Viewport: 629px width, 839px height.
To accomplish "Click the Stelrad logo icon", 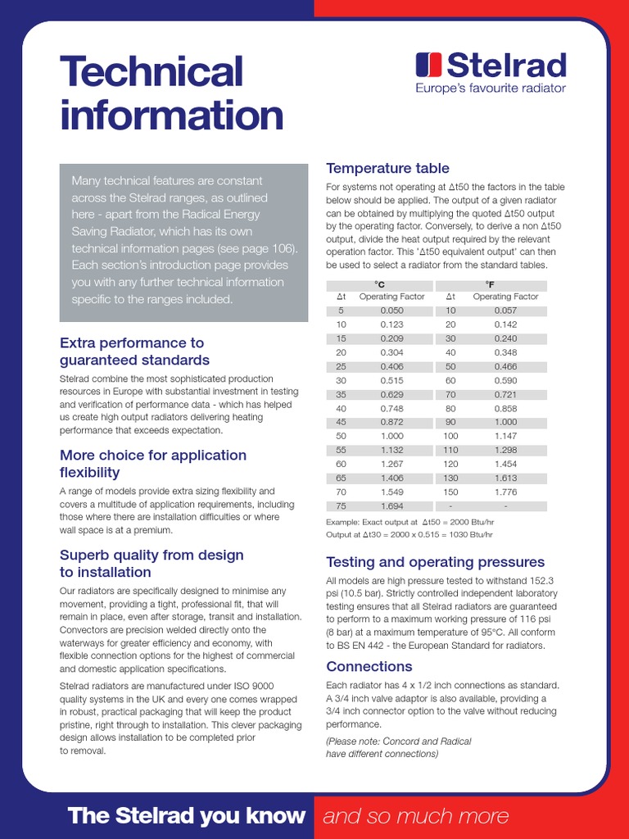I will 428,65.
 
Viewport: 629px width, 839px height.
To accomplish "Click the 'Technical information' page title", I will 171,93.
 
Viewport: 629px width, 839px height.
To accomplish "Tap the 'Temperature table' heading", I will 387,168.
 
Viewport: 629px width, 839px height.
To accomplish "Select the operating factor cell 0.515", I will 392,380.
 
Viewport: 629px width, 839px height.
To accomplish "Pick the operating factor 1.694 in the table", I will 392,506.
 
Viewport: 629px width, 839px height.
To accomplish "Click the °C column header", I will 379,283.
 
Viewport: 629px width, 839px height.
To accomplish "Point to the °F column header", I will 490,283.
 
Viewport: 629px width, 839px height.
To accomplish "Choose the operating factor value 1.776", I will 505,492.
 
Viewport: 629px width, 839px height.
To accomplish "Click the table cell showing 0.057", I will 505,311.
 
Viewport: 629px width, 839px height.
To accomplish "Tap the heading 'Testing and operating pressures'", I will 435,562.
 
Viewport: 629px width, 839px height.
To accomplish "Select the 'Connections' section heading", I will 369,666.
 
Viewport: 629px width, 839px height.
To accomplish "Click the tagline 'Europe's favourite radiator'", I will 490,88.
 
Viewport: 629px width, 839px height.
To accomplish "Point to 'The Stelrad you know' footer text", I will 187,815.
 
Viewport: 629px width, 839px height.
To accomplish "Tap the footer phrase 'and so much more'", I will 415,815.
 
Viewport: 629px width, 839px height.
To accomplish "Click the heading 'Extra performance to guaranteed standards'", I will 134,351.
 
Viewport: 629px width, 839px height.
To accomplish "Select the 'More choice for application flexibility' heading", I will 152,464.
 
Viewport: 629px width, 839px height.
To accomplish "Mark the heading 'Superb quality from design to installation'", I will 152,564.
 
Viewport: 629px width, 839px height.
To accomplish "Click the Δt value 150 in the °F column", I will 450,492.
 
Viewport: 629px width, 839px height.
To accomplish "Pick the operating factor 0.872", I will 392,422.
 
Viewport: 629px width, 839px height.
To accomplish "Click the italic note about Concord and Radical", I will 399,747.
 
